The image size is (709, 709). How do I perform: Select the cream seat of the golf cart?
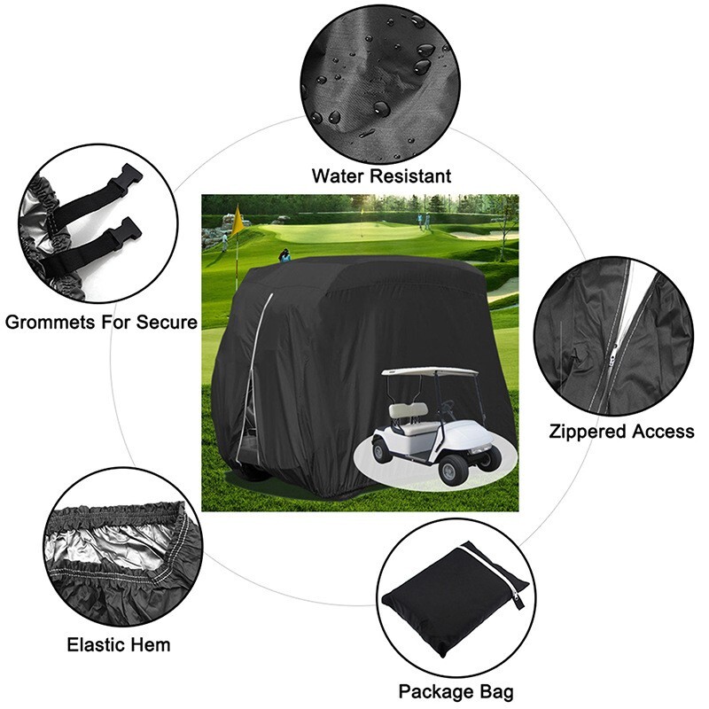coord(409,414)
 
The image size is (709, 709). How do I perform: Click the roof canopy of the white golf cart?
coord(430,371)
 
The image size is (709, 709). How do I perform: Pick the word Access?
coord(664,432)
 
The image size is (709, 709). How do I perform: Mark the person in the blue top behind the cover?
coord(284,255)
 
